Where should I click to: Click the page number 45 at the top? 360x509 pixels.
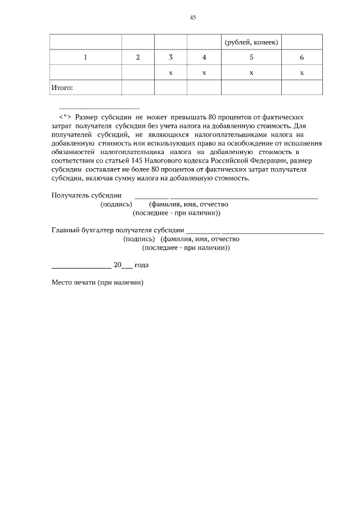192,18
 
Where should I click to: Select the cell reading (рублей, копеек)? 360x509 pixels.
251,43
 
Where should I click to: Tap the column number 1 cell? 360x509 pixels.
85,57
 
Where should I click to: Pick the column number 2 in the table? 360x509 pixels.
138,57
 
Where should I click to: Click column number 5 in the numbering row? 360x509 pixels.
251,57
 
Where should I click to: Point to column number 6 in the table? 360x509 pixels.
301,57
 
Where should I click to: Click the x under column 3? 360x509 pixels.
170,73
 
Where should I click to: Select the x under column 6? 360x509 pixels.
301,73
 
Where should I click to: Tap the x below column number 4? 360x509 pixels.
204,73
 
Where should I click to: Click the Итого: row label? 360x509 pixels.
62,88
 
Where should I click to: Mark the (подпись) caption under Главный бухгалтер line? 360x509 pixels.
138,238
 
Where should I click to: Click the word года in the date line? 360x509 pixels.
141,264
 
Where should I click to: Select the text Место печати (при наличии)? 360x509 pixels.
97,282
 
